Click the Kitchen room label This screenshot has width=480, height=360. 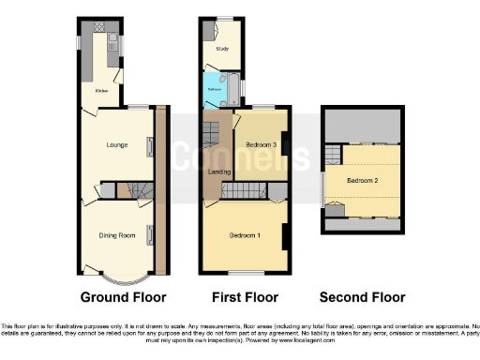point(98,91)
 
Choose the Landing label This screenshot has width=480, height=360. point(219,171)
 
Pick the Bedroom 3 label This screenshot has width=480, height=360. point(262,146)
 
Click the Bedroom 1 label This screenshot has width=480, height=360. point(246,235)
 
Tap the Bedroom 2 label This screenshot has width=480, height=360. point(363,181)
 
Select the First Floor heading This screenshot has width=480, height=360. point(246,297)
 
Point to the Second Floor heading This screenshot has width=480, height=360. point(363,297)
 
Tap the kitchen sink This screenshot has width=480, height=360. point(112,41)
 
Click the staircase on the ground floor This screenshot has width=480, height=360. point(139,191)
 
